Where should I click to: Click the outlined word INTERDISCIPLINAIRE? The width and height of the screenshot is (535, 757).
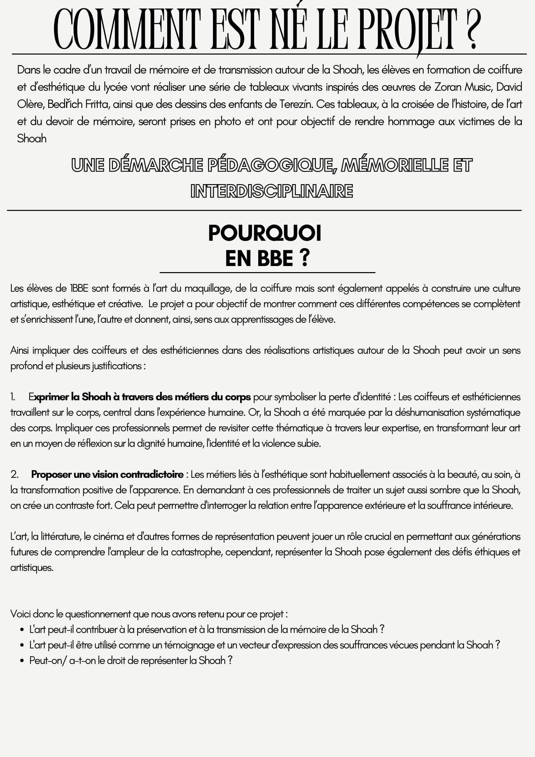pos(272,191)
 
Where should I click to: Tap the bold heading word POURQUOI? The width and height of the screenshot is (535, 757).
pos(265,233)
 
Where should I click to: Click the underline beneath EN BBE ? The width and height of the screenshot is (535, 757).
pos(267,272)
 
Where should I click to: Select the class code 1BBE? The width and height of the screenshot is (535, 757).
pos(79,289)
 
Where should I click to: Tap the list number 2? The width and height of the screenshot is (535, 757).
pos(14,475)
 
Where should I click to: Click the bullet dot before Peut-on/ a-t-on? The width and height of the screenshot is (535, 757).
pos(22,661)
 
